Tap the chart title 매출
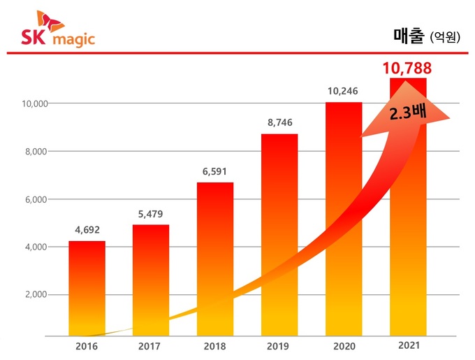pyautogui.click(x=407, y=36)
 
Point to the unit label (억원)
pyautogui.click(x=445, y=37)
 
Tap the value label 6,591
pyautogui.click(x=215, y=170)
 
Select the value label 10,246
pyautogui.click(x=344, y=90)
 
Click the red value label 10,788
pyautogui.click(x=407, y=69)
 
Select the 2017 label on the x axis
pyautogui.click(x=151, y=346)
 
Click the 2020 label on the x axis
pyautogui.click(x=344, y=346)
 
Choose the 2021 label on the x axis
pyautogui.click(x=408, y=345)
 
